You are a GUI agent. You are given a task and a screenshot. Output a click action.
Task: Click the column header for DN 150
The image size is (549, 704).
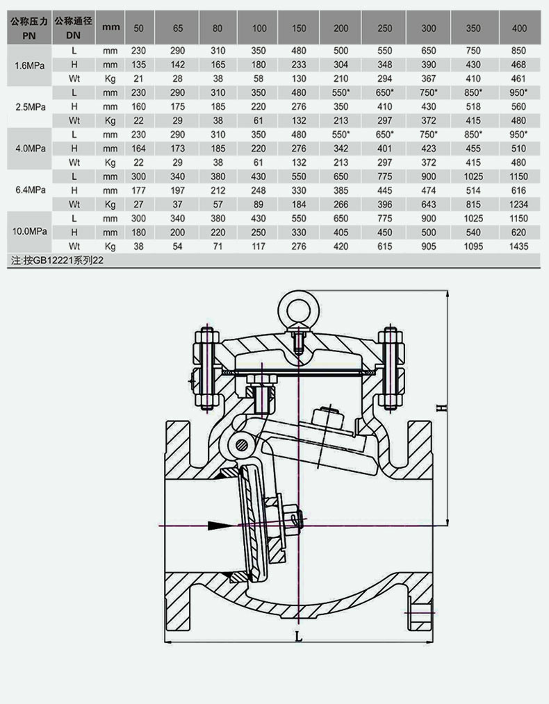click(x=298, y=28)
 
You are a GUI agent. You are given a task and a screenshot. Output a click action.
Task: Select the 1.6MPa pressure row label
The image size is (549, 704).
click(x=30, y=65)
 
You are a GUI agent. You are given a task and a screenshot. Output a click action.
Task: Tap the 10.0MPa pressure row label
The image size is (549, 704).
click(x=30, y=232)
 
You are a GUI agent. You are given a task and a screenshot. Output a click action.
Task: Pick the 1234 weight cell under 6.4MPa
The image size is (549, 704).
click(x=518, y=204)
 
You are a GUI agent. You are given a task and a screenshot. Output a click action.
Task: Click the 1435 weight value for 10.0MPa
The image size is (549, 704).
click(x=518, y=246)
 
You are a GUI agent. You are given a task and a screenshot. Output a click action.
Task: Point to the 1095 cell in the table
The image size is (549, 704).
click(x=473, y=246)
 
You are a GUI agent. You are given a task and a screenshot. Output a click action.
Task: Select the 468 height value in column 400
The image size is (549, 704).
click(x=518, y=64)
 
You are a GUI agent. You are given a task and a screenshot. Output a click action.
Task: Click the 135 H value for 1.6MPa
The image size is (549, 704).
click(x=138, y=64)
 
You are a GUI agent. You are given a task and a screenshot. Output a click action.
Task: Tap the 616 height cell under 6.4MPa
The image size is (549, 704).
click(x=518, y=190)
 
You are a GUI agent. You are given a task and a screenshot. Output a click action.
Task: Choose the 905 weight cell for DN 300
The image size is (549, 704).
click(x=429, y=246)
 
